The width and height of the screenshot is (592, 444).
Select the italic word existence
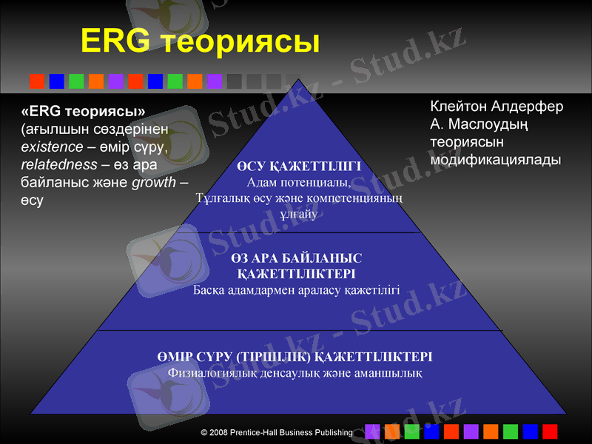pyautogui.click(x=52, y=147)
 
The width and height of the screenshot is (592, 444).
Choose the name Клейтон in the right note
pyautogui.click(x=458, y=107)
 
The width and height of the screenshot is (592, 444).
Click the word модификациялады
pyautogui.click(x=495, y=160)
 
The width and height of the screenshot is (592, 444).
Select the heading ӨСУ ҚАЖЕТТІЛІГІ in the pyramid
pyautogui.click(x=300, y=166)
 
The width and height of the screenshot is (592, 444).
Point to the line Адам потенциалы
pyautogui.click(x=299, y=182)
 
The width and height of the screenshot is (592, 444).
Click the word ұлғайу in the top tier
pyautogui.click(x=299, y=215)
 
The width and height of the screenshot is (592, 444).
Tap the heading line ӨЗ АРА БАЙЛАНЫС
pyautogui.click(x=296, y=258)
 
